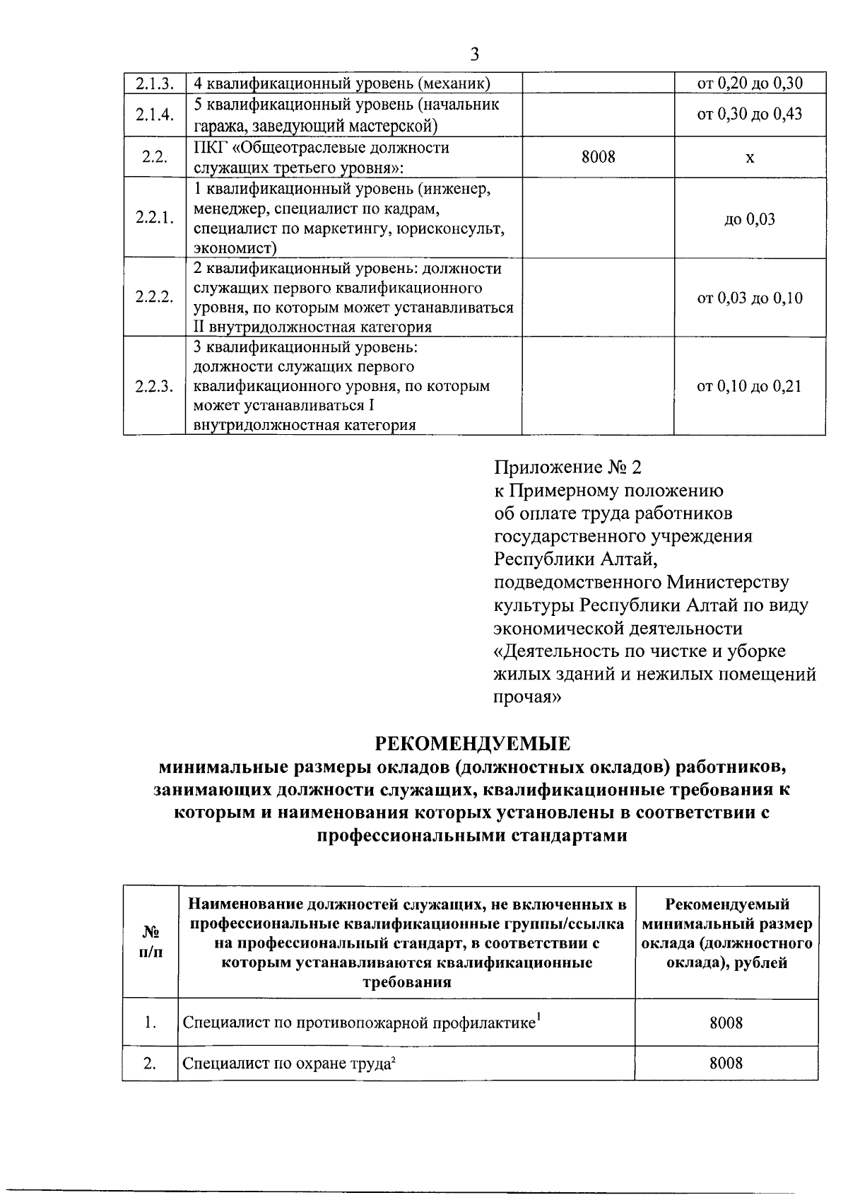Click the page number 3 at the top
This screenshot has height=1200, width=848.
(x=474, y=54)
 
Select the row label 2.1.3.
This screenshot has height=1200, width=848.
(x=154, y=84)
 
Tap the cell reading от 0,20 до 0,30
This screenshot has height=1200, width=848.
(x=750, y=83)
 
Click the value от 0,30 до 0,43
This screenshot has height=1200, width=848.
(x=750, y=115)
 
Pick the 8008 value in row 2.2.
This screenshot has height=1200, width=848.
(x=598, y=157)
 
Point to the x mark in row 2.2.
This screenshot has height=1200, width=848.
(x=750, y=158)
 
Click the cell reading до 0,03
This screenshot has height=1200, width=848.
(x=750, y=219)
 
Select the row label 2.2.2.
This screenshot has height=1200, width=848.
(x=154, y=297)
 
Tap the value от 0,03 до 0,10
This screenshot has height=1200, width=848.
(x=750, y=298)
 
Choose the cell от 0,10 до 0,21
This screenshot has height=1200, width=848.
(x=750, y=386)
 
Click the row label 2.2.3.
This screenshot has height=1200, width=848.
(x=154, y=386)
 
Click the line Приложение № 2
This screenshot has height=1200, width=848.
(x=568, y=467)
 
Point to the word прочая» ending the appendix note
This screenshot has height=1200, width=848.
(x=527, y=697)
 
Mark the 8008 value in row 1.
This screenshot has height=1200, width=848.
(x=726, y=1023)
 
